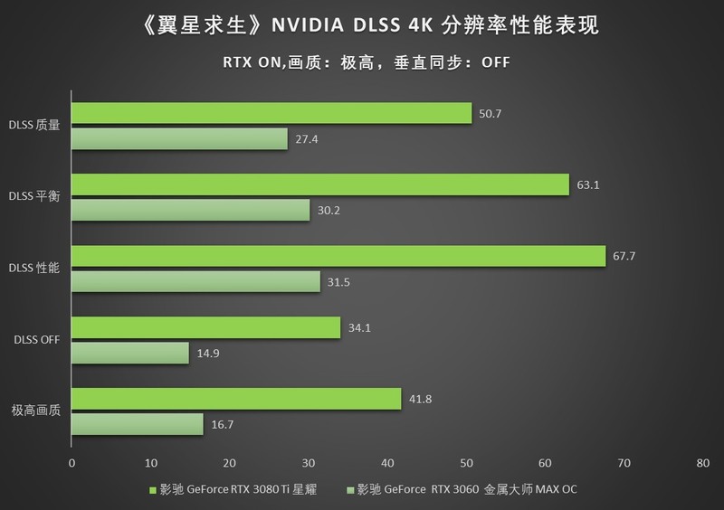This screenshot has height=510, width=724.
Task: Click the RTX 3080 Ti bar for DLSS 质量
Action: click(271, 113)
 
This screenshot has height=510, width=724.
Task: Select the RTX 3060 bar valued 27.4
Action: click(179, 138)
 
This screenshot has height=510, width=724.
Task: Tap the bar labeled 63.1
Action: click(319, 184)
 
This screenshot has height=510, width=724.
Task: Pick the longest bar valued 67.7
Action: click(338, 256)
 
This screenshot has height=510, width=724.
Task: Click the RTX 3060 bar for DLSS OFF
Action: click(130, 353)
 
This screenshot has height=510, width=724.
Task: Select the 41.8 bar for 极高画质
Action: click(235, 399)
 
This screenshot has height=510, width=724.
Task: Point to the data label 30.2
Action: click(325, 211)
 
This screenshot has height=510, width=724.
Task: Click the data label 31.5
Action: click(336, 282)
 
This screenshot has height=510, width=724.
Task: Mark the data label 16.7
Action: click(219, 425)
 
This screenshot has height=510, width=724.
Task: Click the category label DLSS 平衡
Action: click(34, 197)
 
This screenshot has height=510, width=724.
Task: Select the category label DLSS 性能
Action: click(34, 269)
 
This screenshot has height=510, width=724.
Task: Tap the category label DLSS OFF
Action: click(37, 340)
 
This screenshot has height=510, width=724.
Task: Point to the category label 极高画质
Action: click(36, 411)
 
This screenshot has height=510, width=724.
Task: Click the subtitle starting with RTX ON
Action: click(361, 62)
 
